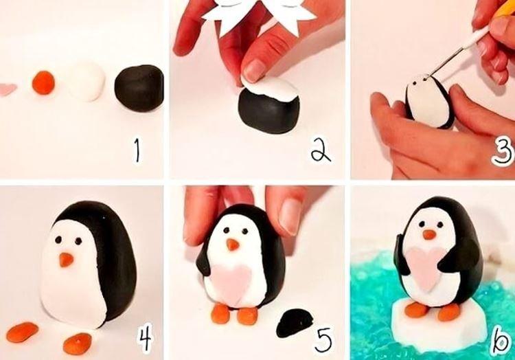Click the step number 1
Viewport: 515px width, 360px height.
tap(139, 150)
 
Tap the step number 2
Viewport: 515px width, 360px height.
tap(319, 150)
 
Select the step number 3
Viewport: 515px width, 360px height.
tap(502, 150)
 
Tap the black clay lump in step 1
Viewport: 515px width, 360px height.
tap(139, 87)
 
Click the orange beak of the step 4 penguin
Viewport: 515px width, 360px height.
tap(66, 260)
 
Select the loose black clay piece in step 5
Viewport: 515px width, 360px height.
tap(295, 322)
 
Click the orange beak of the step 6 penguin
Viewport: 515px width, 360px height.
tap(429, 234)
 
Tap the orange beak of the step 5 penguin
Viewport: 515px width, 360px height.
tap(233, 245)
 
